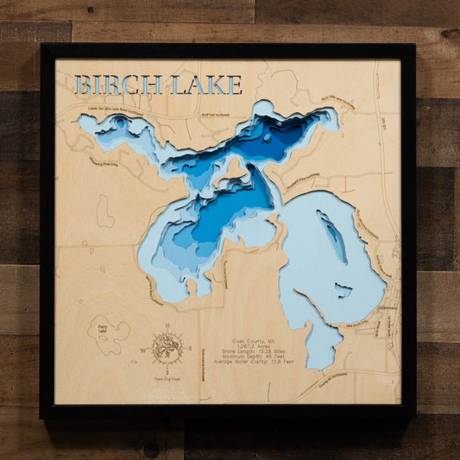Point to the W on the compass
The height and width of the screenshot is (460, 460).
tap(143, 350)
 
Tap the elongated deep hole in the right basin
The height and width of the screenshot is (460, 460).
tap(333, 236)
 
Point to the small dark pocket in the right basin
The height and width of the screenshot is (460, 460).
tap(343, 291)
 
